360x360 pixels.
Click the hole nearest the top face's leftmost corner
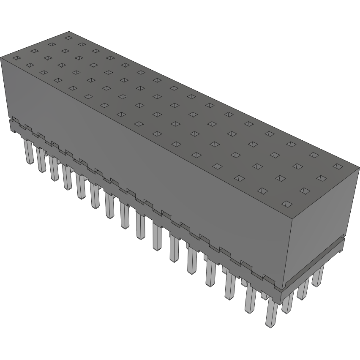click(x=16, y=58)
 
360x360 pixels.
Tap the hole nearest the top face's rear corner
click(x=67, y=38)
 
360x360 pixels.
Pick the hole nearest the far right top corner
click(x=337, y=166)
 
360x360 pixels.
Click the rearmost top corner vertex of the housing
click(x=69, y=32)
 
